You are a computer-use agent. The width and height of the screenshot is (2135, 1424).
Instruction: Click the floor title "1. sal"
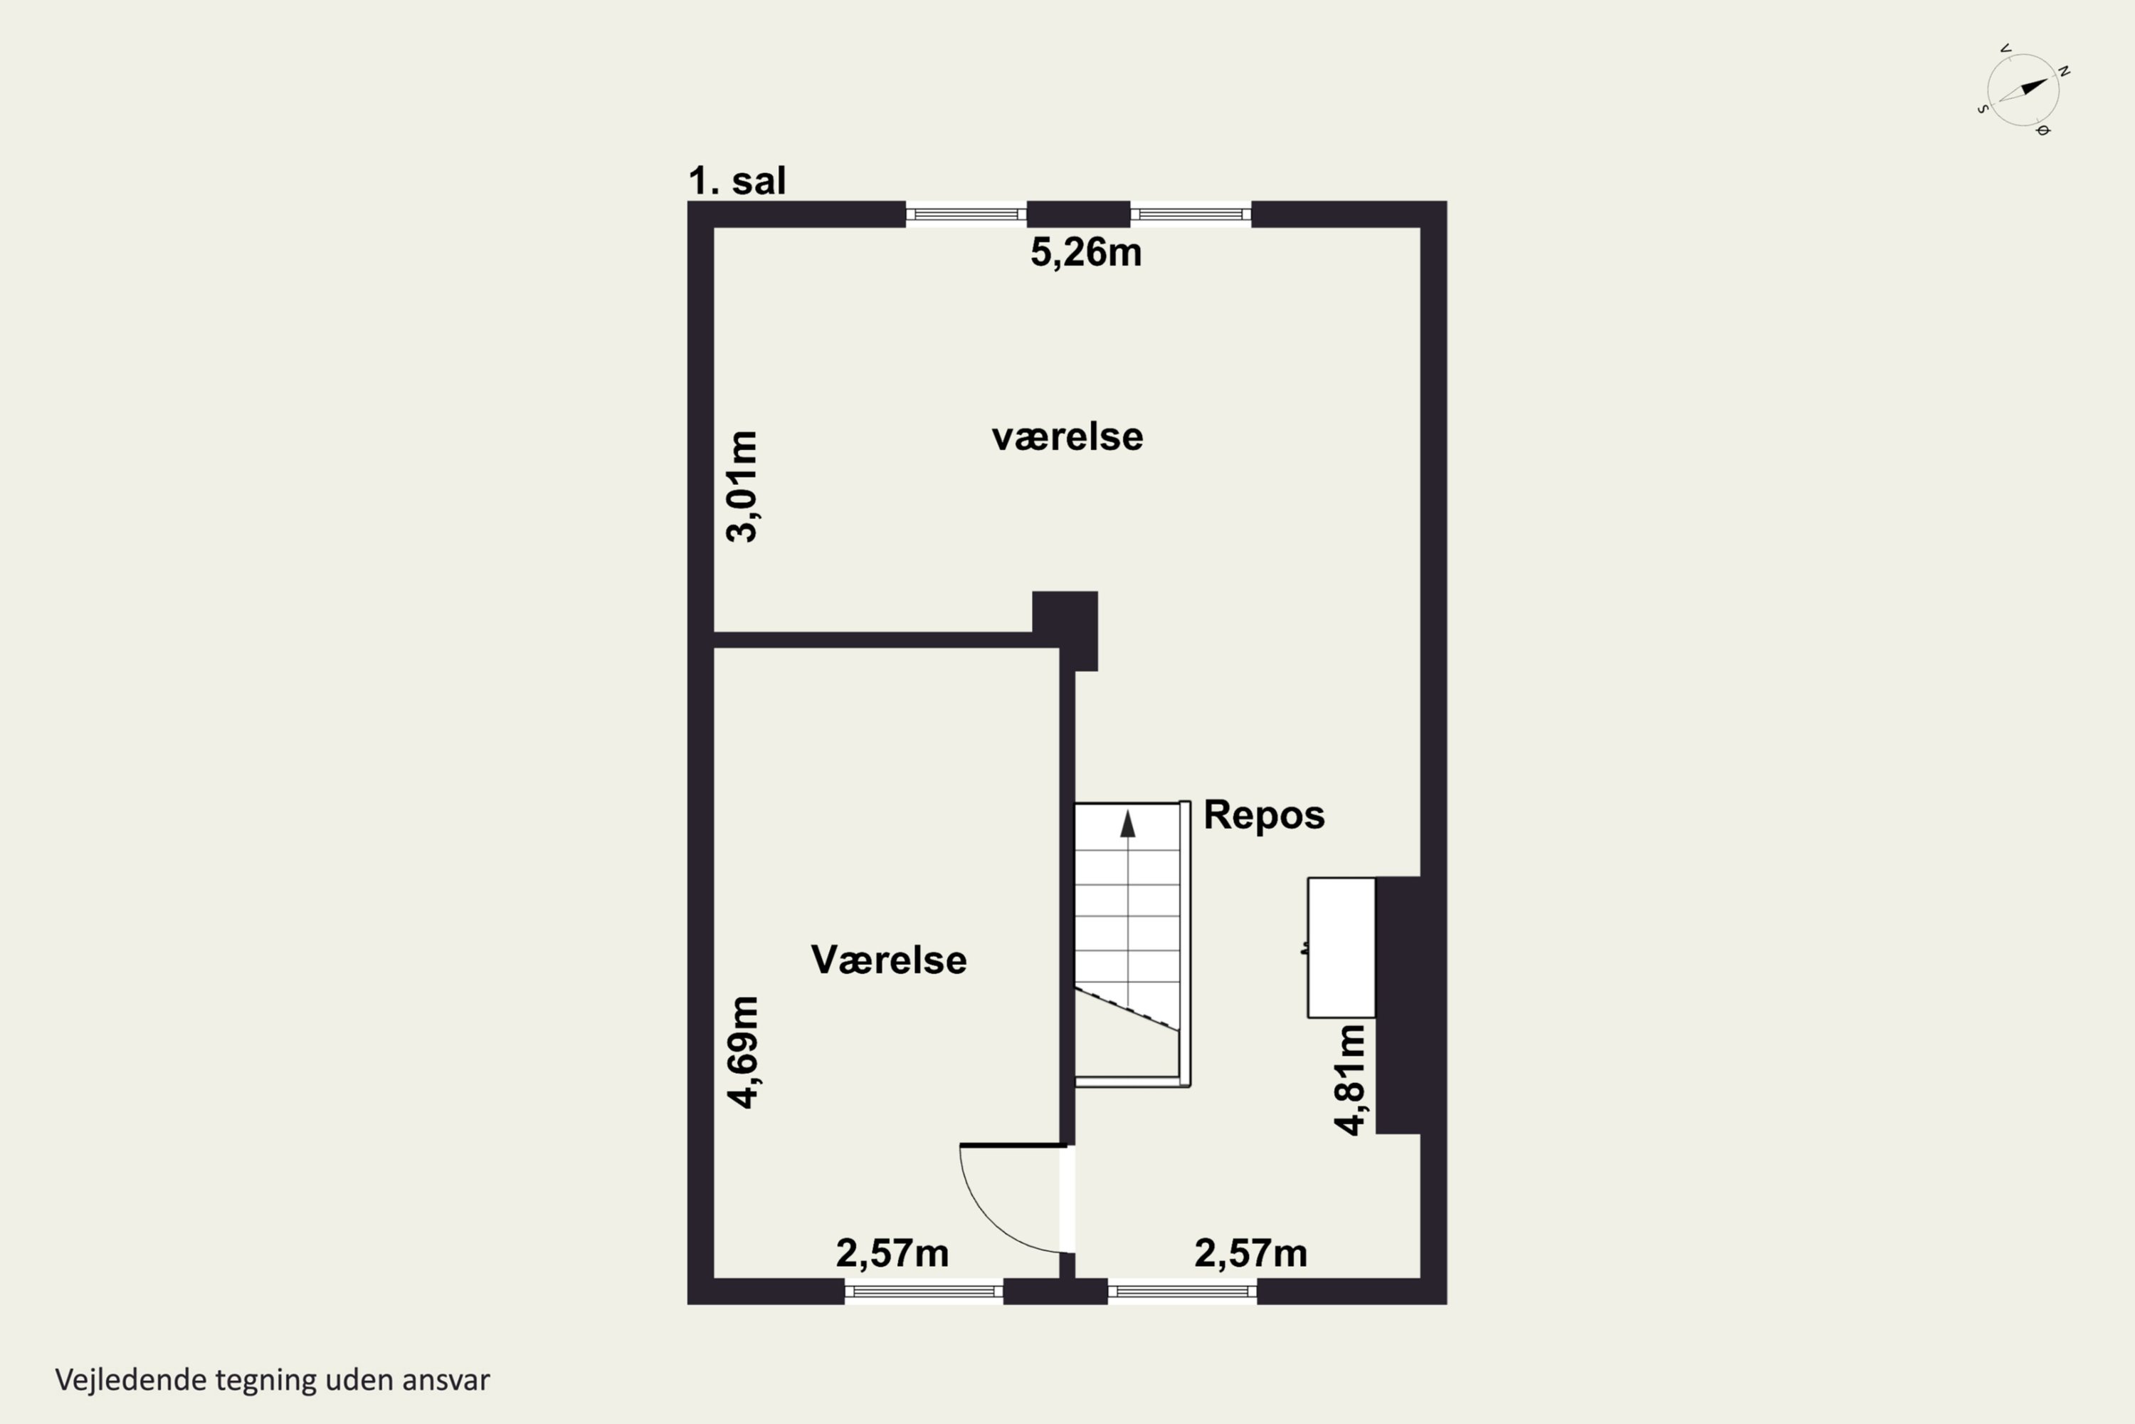coord(737,181)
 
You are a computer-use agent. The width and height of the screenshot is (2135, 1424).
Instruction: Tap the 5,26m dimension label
coord(1086,253)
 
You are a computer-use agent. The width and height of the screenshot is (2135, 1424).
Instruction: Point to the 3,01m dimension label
coord(742,487)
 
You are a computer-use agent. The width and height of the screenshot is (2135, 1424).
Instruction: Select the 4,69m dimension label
coord(742,1052)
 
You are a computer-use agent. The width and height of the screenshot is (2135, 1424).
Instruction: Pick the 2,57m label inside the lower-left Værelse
coord(892,1253)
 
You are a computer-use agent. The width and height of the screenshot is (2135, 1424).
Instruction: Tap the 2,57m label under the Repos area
coord(1251,1253)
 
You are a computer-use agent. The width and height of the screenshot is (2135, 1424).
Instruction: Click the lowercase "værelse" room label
coord(1067,437)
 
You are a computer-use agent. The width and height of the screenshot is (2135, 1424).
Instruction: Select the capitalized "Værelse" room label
coord(889,960)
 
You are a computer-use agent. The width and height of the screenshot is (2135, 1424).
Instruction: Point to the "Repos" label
coord(1264,815)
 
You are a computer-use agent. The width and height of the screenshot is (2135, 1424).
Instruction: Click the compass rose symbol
coord(2023,90)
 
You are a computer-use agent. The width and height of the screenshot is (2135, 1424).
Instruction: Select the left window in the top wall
coord(966,214)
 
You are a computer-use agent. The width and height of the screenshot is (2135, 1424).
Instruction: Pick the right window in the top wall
coord(1190,214)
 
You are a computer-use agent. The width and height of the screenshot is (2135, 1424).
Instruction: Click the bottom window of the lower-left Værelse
coord(923,1290)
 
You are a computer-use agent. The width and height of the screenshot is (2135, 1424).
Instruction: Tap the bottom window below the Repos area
coord(1182,1290)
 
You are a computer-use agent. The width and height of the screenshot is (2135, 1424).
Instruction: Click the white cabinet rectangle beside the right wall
coord(1341,947)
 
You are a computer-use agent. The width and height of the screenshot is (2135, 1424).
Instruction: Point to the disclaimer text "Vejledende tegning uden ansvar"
coord(273,1381)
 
